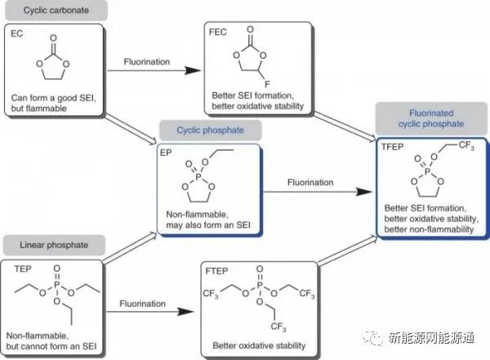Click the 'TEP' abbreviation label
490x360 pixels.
20,266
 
